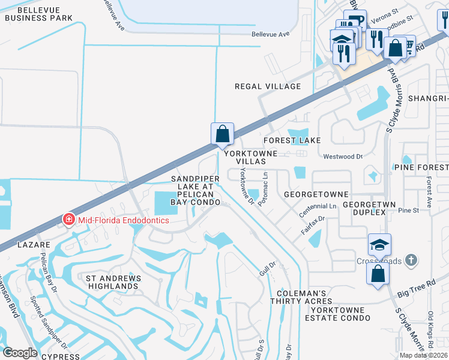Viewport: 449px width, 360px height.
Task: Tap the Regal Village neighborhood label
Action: pyautogui.click(x=268, y=86)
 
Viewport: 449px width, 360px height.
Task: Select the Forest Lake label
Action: pyautogui.click(x=292, y=140)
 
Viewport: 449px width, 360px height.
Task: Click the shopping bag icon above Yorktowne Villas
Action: pyautogui.click(x=222, y=133)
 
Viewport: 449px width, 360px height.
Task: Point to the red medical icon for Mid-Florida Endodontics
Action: pyautogui.click(x=69, y=220)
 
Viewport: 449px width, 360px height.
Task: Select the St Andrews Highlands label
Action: pyautogui.click(x=113, y=283)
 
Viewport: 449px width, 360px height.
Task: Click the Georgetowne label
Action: pyautogui.click(x=316, y=195)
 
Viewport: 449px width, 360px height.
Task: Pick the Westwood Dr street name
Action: pyautogui.click(x=343, y=157)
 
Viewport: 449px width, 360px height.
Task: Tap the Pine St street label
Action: pyautogui.click(x=408, y=211)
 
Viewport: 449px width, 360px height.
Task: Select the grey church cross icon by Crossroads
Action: pyautogui.click(x=411, y=260)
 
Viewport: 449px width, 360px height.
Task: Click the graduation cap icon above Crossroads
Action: pyautogui.click(x=379, y=244)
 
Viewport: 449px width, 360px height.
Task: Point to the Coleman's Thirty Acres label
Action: pyautogui.click(x=301, y=296)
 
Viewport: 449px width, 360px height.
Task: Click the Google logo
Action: pyautogui.click(x=20, y=352)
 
